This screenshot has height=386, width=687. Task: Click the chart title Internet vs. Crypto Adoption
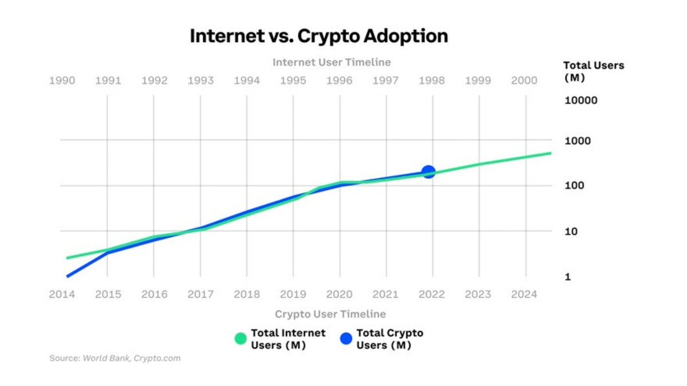point(318,36)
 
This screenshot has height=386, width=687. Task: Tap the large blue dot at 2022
point(428,172)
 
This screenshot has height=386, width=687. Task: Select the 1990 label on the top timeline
point(62,81)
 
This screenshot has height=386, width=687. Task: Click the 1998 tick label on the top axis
point(432,81)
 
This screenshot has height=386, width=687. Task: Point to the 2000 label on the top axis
point(524,81)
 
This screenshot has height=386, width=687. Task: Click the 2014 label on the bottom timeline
point(62,295)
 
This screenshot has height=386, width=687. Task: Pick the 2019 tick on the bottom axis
point(293,295)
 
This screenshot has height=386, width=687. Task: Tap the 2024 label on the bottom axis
point(524,295)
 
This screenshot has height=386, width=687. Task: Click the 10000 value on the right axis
point(581,101)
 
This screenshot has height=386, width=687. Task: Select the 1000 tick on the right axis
point(577,141)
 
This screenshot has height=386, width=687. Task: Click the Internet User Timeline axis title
point(331,62)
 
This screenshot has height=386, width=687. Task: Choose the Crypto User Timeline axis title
point(330,314)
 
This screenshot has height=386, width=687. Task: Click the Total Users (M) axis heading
point(593,71)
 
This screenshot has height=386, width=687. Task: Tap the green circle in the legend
point(240,339)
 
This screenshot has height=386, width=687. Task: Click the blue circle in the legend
point(346,339)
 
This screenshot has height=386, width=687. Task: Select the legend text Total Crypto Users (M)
point(389,339)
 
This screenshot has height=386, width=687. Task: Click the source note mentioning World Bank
point(115,359)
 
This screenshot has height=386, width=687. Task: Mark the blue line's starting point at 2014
point(68,276)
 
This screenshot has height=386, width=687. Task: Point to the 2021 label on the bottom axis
point(385,295)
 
